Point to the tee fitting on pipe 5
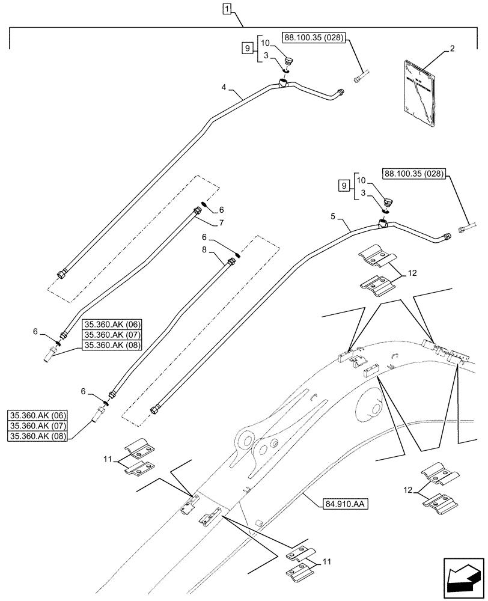tap(383, 224)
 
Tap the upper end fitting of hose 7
tap(197, 210)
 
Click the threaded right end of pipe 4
tap(341, 92)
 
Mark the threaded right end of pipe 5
tap(446, 237)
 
